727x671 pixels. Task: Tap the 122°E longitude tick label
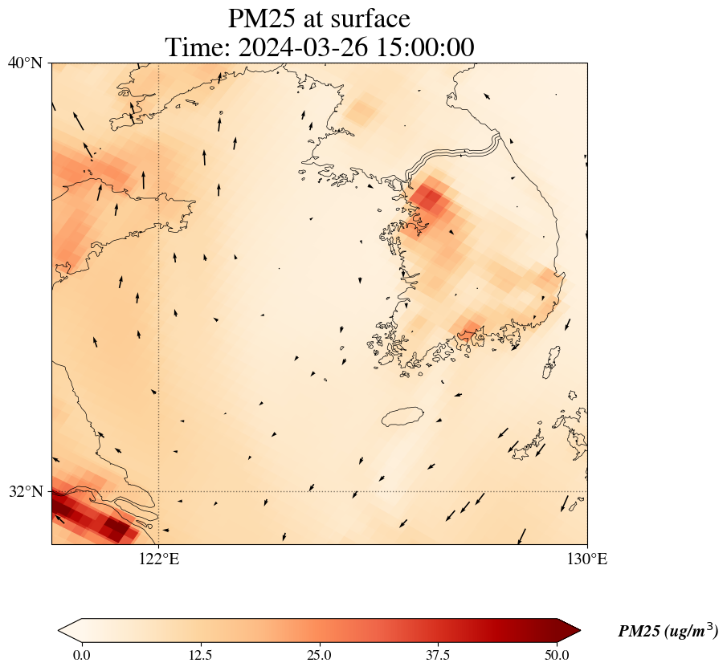click(159, 559)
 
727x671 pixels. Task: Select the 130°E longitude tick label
click(587, 559)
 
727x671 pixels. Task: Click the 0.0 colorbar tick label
click(81, 655)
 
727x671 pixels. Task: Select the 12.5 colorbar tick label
click(200, 655)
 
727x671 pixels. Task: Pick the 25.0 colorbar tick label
click(319, 655)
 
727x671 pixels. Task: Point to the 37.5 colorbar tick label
click(438, 655)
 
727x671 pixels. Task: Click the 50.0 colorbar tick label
click(557, 655)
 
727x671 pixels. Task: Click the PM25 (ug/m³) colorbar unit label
click(668, 632)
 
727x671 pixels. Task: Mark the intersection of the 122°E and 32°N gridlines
click(159, 491)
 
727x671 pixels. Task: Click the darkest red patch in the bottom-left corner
click(112, 530)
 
